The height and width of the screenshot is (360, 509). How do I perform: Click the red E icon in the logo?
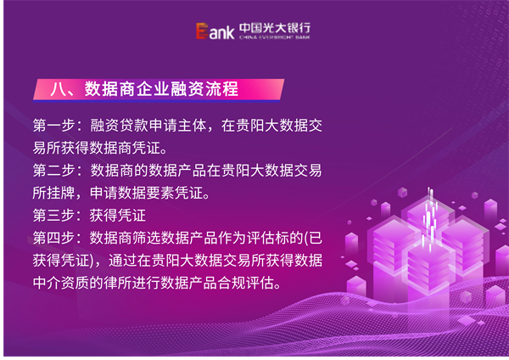[202, 31]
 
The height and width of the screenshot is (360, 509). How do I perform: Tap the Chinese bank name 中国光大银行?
[275, 28]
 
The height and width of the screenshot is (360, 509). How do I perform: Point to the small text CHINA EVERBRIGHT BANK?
[275, 37]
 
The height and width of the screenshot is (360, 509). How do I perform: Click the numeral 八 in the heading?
[58, 88]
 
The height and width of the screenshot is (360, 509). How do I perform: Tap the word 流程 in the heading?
[222, 88]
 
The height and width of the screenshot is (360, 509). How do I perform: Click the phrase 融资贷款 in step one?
[119, 126]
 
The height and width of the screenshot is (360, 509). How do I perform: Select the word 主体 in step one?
[192, 126]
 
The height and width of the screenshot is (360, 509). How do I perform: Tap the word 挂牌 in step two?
[61, 193]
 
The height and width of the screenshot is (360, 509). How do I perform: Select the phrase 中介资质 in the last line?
[61, 283]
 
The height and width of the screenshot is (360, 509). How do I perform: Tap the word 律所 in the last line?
[118, 283]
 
